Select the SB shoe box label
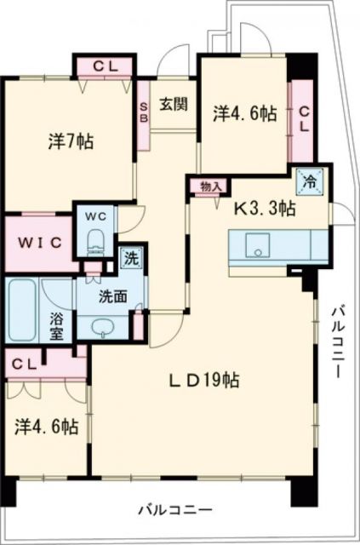tap(144, 111)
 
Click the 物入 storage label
tap(211, 186)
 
